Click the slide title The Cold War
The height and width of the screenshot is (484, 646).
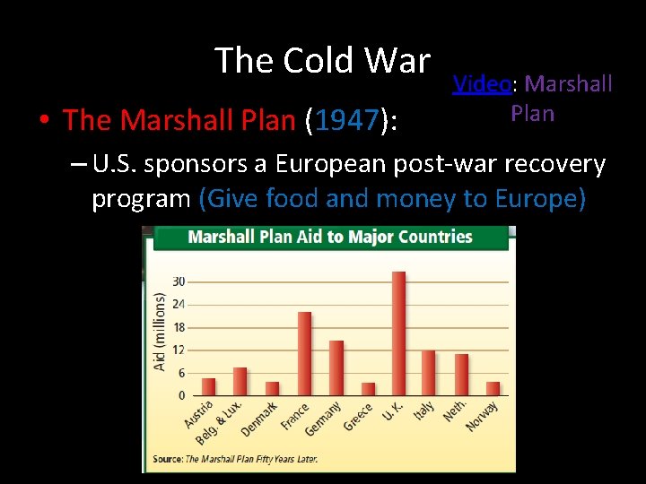pyautogui.click(x=322, y=61)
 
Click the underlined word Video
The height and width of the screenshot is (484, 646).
pyautogui.click(x=481, y=84)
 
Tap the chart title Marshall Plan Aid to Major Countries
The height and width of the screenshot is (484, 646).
pyautogui.click(x=329, y=238)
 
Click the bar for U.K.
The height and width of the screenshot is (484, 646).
pyautogui.click(x=398, y=333)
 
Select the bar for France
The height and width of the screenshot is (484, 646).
pyautogui.click(x=304, y=353)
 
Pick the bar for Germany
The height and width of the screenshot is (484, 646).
pyautogui.click(x=336, y=367)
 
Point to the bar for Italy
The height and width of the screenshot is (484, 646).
pyautogui.click(x=428, y=372)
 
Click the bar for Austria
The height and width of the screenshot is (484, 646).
pyautogui.click(x=208, y=386)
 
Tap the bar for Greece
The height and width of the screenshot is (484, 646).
pyautogui.click(x=368, y=388)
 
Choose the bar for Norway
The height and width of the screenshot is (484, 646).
pyautogui.click(x=493, y=388)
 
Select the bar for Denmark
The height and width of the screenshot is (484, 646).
pyautogui.click(x=272, y=388)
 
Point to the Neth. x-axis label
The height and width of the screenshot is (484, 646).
pyautogui.click(x=454, y=410)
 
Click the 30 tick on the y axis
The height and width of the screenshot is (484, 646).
pyautogui.click(x=179, y=281)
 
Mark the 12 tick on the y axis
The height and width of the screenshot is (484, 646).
pyautogui.click(x=179, y=350)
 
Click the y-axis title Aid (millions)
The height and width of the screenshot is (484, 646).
pyautogui.click(x=160, y=332)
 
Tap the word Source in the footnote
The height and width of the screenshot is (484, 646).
pyautogui.click(x=167, y=459)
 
